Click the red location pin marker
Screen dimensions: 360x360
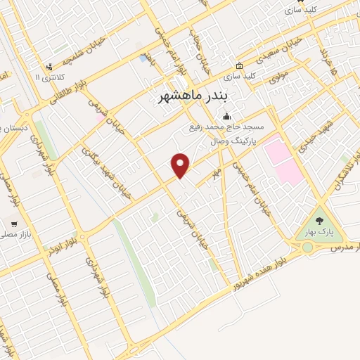(181, 165)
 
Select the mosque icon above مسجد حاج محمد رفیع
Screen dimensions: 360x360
(226, 117)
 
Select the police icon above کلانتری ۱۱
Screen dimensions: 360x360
(49, 67)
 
